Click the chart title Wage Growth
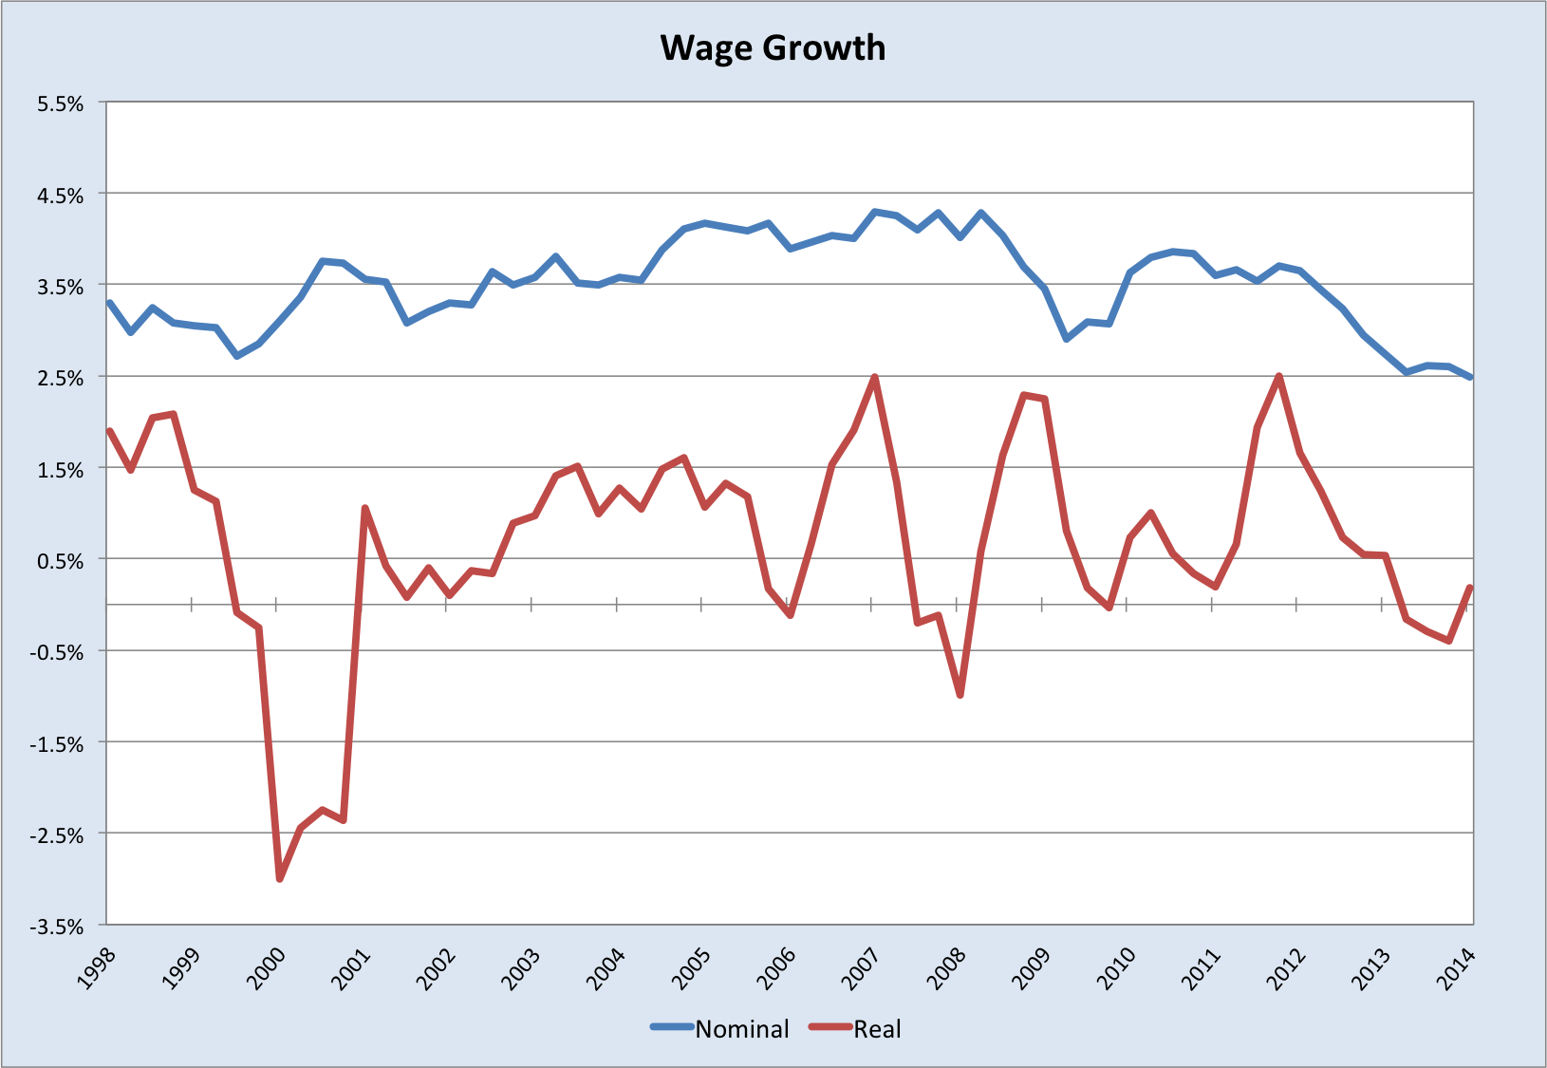[x=773, y=48]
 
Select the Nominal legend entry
[x=741, y=1029]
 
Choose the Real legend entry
[x=877, y=1029]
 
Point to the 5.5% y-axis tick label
[x=61, y=103]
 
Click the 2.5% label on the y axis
[x=61, y=378]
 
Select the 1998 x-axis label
[x=98, y=968]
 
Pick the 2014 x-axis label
[x=1459, y=968]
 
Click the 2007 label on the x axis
[x=864, y=968]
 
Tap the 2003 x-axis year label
[x=523, y=968]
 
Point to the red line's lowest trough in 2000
[x=280, y=879]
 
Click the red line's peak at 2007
[x=874, y=378]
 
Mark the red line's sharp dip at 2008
[x=960, y=695]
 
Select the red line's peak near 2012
[x=1279, y=377]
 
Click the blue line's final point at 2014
[x=1471, y=377]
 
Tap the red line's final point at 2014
[x=1471, y=587]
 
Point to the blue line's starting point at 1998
[x=109, y=303]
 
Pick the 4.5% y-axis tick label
[x=61, y=196]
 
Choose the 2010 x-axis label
[x=1118, y=968]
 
